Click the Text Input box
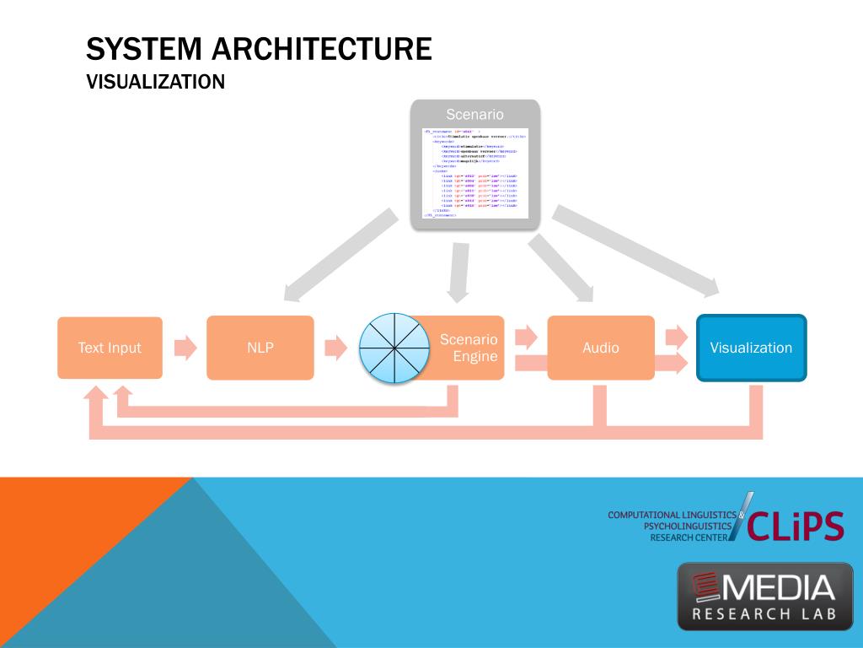pos(110,348)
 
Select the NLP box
pos(260,348)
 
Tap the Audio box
pos(600,348)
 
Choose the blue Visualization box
pos(751,348)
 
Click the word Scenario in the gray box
pos(474,114)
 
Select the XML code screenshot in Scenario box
pos(474,172)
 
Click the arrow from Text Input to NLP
pos(185,348)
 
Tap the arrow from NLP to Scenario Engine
pos(335,348)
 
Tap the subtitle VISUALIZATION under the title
pos(156,82)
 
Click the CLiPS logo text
pos(795,526)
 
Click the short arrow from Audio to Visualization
pos(677,337)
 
